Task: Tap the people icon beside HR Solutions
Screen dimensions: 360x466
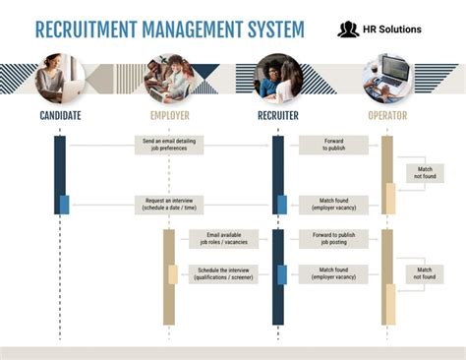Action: point(348,30)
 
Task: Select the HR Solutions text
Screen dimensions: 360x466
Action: point(392,30)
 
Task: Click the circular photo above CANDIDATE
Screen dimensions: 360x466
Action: point(59,79)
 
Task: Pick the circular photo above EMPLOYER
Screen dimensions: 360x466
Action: point(170,79)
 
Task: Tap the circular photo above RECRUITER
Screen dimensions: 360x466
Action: point(278,79)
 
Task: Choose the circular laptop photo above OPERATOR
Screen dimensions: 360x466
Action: point(386,79)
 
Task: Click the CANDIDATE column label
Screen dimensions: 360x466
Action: point(59,116)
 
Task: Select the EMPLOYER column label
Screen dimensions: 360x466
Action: point(170,116)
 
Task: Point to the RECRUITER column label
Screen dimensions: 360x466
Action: point(278,116)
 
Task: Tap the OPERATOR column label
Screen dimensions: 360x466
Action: point(386,116)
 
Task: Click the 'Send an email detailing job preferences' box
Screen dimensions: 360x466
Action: point(169,146)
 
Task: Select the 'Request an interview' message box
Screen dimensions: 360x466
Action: point(169,205)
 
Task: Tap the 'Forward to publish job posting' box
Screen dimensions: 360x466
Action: point(334,239)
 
